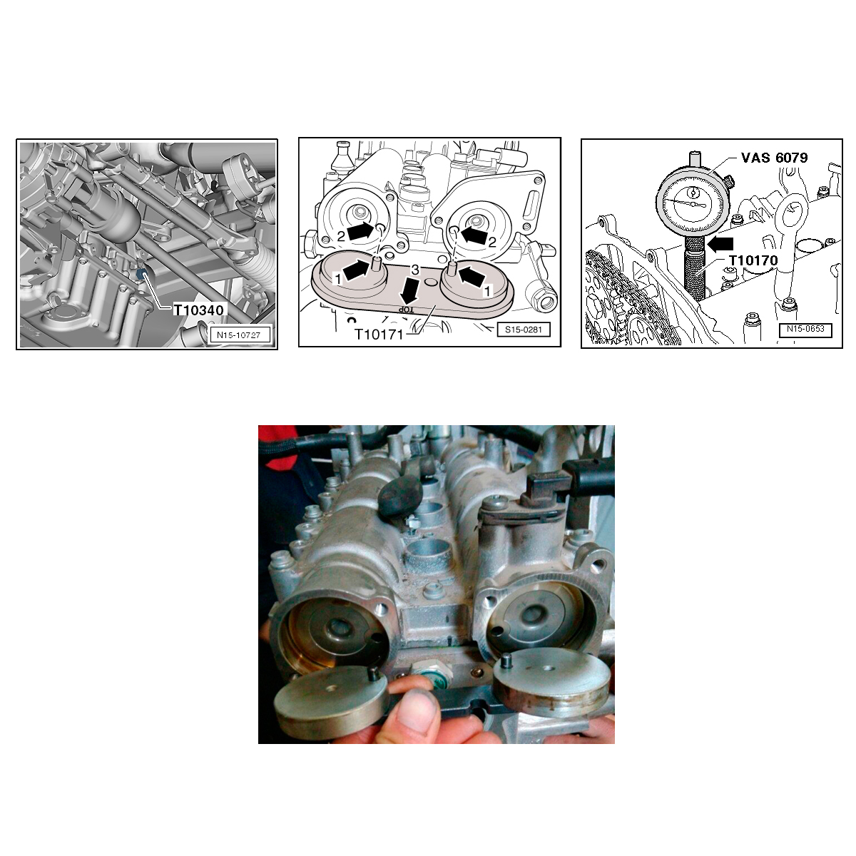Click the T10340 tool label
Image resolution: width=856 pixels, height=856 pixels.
coord(198,310)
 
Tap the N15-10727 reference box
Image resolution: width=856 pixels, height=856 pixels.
coord(239,335)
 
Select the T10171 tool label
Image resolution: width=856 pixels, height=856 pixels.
coord(379,334)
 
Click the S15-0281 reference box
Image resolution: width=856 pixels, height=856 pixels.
coord(524,330)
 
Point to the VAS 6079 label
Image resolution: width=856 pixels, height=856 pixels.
coord(774,158)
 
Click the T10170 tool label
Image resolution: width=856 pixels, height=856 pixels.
coord(753,260)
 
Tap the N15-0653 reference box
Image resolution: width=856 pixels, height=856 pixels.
coord(805,329)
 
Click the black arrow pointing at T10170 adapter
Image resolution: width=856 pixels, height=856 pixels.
coord(720,243)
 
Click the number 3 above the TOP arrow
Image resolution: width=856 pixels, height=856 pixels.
coord(415,270)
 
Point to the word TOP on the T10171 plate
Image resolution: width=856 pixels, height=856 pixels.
coord(404,309)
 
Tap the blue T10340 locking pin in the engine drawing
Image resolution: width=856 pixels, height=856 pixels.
coord(142,273)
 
